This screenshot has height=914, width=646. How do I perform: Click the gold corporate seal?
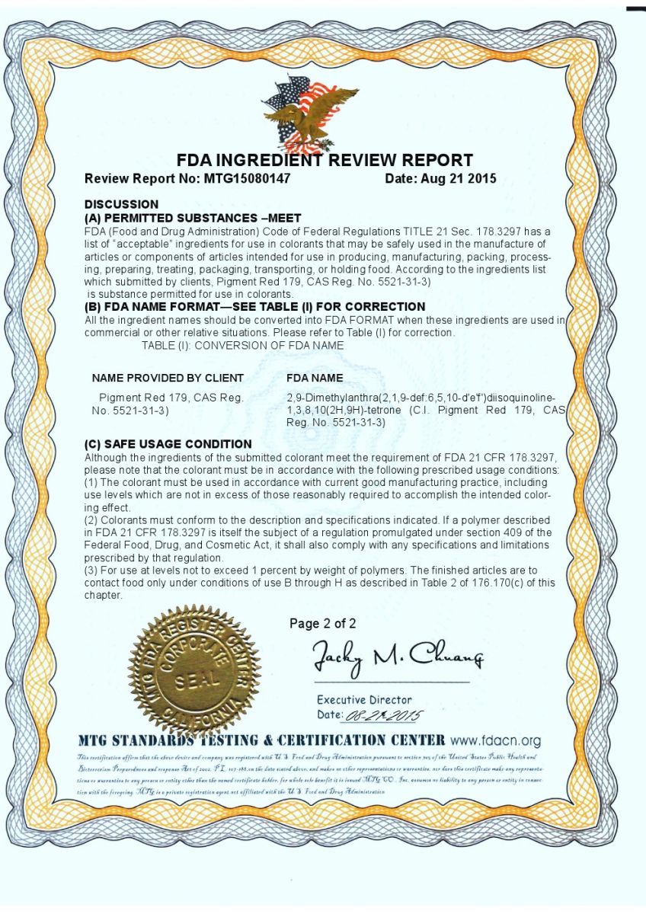[194, 671]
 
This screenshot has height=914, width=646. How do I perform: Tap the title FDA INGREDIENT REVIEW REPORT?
[325, 161]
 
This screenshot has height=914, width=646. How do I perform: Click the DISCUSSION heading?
[121, 204]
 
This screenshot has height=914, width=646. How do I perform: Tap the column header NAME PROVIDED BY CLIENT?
[168, 378]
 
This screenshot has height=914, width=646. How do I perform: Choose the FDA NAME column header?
[314, 378]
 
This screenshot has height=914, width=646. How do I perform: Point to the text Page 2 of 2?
[322, 624]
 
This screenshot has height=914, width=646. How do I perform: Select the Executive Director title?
[364, 700]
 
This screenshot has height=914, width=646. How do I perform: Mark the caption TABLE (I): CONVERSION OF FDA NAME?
[242, 345]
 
